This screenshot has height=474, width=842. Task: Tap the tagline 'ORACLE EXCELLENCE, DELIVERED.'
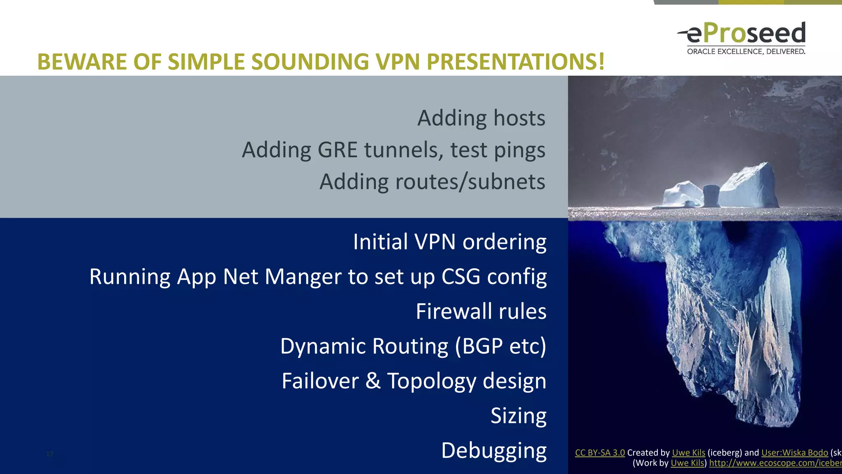746,51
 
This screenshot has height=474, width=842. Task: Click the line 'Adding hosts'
481,118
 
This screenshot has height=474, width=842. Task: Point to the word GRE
337,150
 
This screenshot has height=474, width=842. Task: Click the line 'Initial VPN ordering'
449,242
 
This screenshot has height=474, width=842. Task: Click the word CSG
460,276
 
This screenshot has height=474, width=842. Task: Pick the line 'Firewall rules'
481,311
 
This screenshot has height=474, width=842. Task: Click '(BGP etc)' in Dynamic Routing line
500,346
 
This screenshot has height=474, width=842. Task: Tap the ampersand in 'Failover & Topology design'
372,381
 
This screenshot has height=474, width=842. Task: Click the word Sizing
518,416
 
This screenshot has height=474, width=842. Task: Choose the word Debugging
493,451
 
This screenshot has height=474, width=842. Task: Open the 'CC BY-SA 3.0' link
599,453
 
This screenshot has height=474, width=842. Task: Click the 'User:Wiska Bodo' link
794,453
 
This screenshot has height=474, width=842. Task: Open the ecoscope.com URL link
775,463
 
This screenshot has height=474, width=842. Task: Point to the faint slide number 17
50,454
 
